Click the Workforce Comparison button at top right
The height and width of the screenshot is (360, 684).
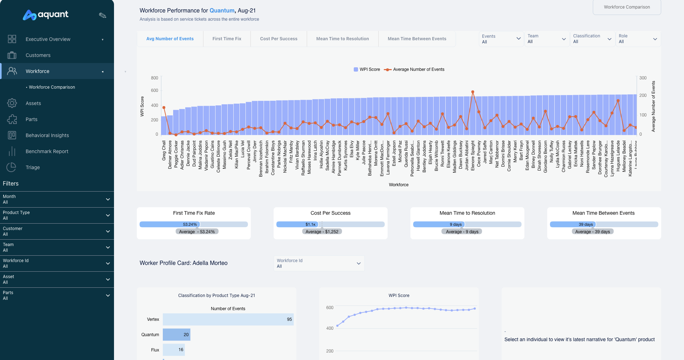pyautogui.click(x=627, y=7)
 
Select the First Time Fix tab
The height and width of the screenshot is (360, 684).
pyautogui.click(x=227, y=39)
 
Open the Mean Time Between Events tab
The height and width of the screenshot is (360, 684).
pyautogui.click(x=417, y=39)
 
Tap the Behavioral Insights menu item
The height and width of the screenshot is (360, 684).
pyautogui.click(x=47, y=135)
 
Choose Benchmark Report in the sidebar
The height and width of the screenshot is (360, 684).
pyautogui.click(x=47, y=151)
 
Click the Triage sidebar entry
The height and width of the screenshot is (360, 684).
pyautogui.click(x=32, y=167)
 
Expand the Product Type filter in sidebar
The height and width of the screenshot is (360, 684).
pyautogui.click(x=57, y=215)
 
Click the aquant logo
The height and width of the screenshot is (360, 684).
pyautogui.click(x=46, y=15)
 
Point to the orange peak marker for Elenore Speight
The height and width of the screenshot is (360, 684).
pyautogui.click(x=473, y=92)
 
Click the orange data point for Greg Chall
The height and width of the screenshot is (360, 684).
pyautogui.click(x=164, y=108)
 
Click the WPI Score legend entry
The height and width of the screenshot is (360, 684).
pyautogui.click(x=367, y=69)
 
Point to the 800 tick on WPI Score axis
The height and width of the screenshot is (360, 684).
pyautogui.click(x=154, y=78)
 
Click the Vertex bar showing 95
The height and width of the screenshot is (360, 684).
pyautogui.click(x=228, y=319)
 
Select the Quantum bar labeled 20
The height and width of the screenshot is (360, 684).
pyautogui.click(x=176, y=335)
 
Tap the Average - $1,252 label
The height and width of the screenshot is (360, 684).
pyautogui.click(x=322, y=232)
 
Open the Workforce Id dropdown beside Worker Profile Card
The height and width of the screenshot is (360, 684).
pyautogui.click(x=319, y=264)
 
